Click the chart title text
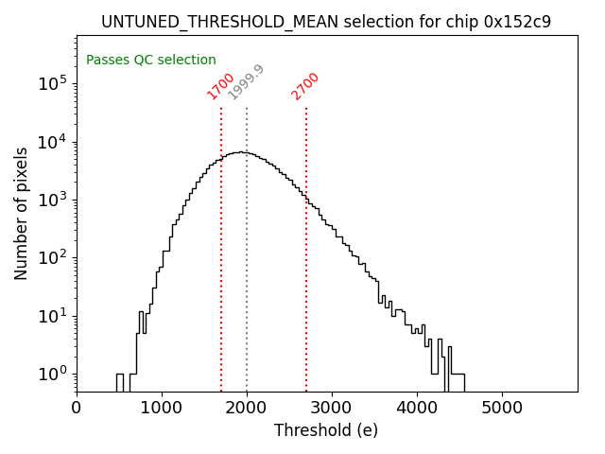(x=326, y=22)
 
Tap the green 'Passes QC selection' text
(x=151, y=61)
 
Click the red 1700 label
(x=220, y=86)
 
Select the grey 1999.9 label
(x=246, y=82)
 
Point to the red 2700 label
(x=305, y=86)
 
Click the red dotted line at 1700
(x=221, y=236)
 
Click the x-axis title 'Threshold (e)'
(x=326, y=430)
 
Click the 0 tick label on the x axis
(x=77, y=408)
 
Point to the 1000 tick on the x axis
(x=162, y=408)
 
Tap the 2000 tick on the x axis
(x=247, y=408)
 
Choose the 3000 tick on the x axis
(x=332, y=408)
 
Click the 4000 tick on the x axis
(x=417, y=408)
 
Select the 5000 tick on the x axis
(x=502, y=408)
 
